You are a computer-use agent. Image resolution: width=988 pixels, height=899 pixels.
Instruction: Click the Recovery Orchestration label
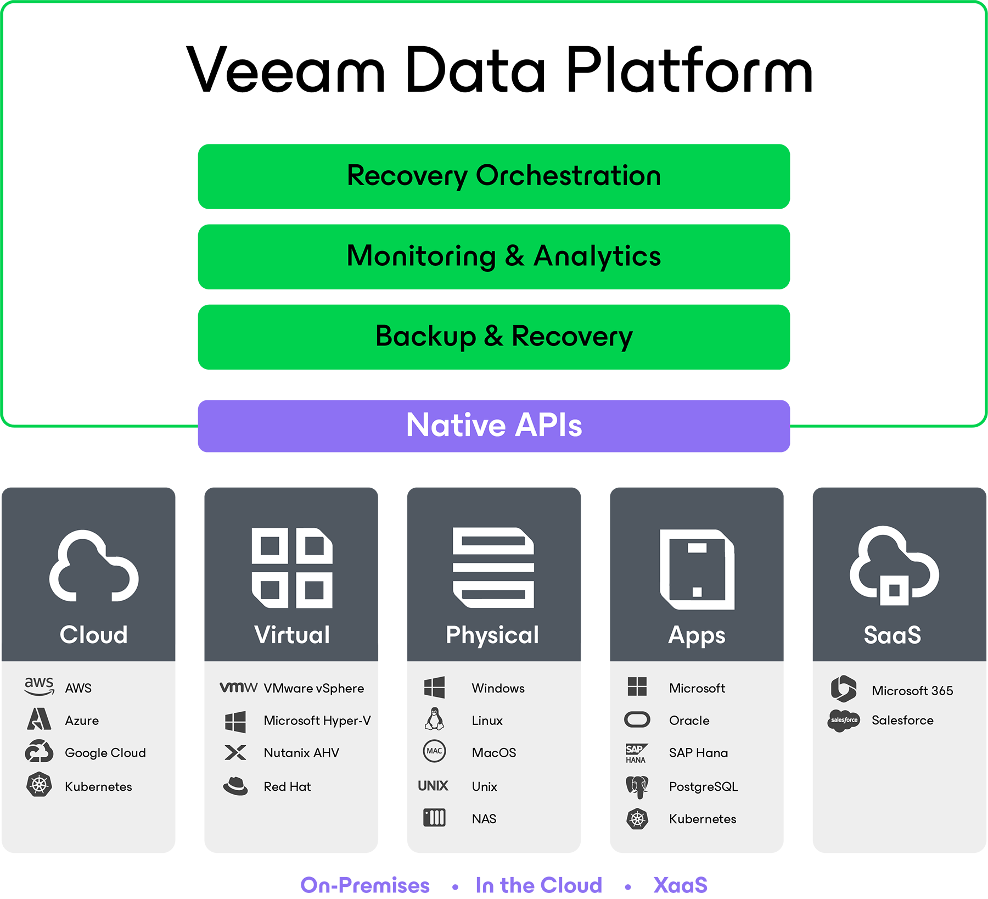tap(504, 176)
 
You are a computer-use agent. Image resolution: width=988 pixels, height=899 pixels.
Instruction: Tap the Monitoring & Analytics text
tap(504, 256)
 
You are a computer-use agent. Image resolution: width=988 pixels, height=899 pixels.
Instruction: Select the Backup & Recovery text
tap(504, 336)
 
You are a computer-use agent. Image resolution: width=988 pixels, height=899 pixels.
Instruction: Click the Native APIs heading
tap(494, 425)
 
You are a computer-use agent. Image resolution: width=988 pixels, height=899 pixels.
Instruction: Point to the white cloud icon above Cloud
tap(94, 566)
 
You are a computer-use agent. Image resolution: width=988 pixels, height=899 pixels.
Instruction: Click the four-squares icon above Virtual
tap(292, 568)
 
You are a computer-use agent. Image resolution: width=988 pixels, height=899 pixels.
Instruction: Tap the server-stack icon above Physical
tap(493, 568)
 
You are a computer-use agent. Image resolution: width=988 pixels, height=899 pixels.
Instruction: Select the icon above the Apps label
tap(697, 569)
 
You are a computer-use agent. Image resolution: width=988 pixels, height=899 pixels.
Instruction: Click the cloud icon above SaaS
tap(894, 566)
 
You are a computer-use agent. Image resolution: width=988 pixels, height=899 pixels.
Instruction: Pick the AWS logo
tap(39, 686)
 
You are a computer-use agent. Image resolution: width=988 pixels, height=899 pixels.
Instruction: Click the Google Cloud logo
tap(39, 751)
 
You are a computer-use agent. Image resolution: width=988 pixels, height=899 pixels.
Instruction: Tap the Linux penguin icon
tap(434, 719)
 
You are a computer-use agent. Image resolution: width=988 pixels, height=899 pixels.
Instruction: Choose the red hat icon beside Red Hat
tap(235, 786)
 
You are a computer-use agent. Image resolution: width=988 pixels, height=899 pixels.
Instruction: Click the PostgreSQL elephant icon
tap(637, 786)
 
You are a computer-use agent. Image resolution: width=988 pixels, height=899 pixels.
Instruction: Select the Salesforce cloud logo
tap(844, 720)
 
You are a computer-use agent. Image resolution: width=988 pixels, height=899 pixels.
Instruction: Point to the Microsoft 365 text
tap(912, 691)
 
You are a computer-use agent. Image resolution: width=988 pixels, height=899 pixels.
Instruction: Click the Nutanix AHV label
tap(301, 753)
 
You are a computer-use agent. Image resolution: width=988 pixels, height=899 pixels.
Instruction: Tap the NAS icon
tap(434, 818)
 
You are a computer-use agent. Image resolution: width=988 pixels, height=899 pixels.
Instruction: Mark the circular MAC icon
tap(434, 751)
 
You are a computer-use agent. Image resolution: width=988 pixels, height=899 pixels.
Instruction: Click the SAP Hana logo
tap(637, 753)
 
